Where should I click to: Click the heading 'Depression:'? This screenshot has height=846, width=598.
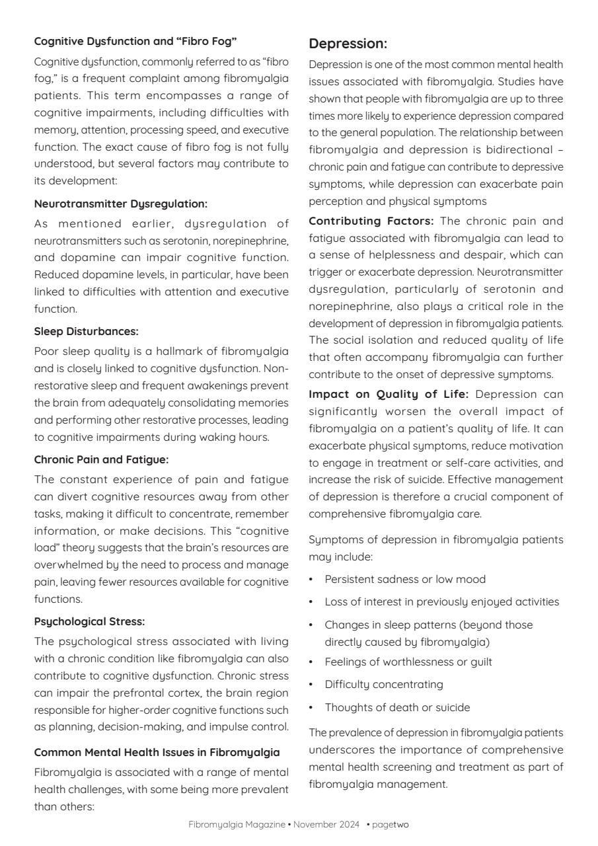[348, 44]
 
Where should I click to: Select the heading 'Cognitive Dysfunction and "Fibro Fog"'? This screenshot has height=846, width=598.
[135, 41]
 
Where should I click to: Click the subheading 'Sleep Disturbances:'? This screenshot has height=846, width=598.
[86, 331]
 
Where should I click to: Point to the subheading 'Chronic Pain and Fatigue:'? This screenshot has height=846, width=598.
[101, 459]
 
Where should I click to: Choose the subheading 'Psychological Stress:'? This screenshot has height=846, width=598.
[89, 621]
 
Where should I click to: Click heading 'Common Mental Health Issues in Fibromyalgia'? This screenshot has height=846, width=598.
[157, 752]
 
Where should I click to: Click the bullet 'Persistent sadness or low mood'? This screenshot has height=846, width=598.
[404, 579]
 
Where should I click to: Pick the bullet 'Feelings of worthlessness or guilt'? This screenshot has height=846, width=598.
[408, 662]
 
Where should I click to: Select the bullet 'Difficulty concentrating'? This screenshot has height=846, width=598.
[383, 684]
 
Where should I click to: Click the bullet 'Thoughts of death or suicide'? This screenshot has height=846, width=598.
[397, 707]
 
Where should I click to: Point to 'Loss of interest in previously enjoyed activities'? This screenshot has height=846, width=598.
[441, 601]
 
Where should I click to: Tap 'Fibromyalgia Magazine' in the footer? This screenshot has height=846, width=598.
[237, 824]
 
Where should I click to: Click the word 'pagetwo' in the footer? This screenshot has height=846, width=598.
[391, 824]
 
